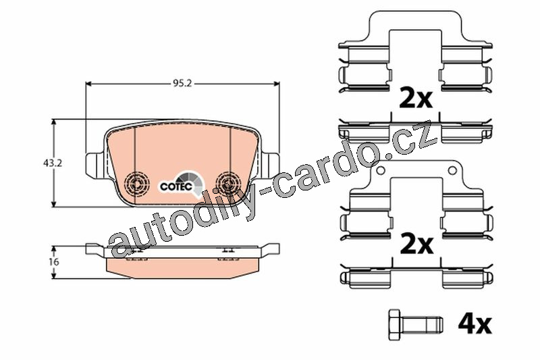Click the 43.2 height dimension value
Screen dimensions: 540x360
click(53, 163)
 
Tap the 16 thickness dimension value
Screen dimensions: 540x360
click(54, 262)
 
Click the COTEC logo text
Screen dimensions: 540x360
click(176, 186)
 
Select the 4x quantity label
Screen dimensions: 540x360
click(475, 324)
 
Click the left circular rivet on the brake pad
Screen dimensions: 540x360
click(137, 183)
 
